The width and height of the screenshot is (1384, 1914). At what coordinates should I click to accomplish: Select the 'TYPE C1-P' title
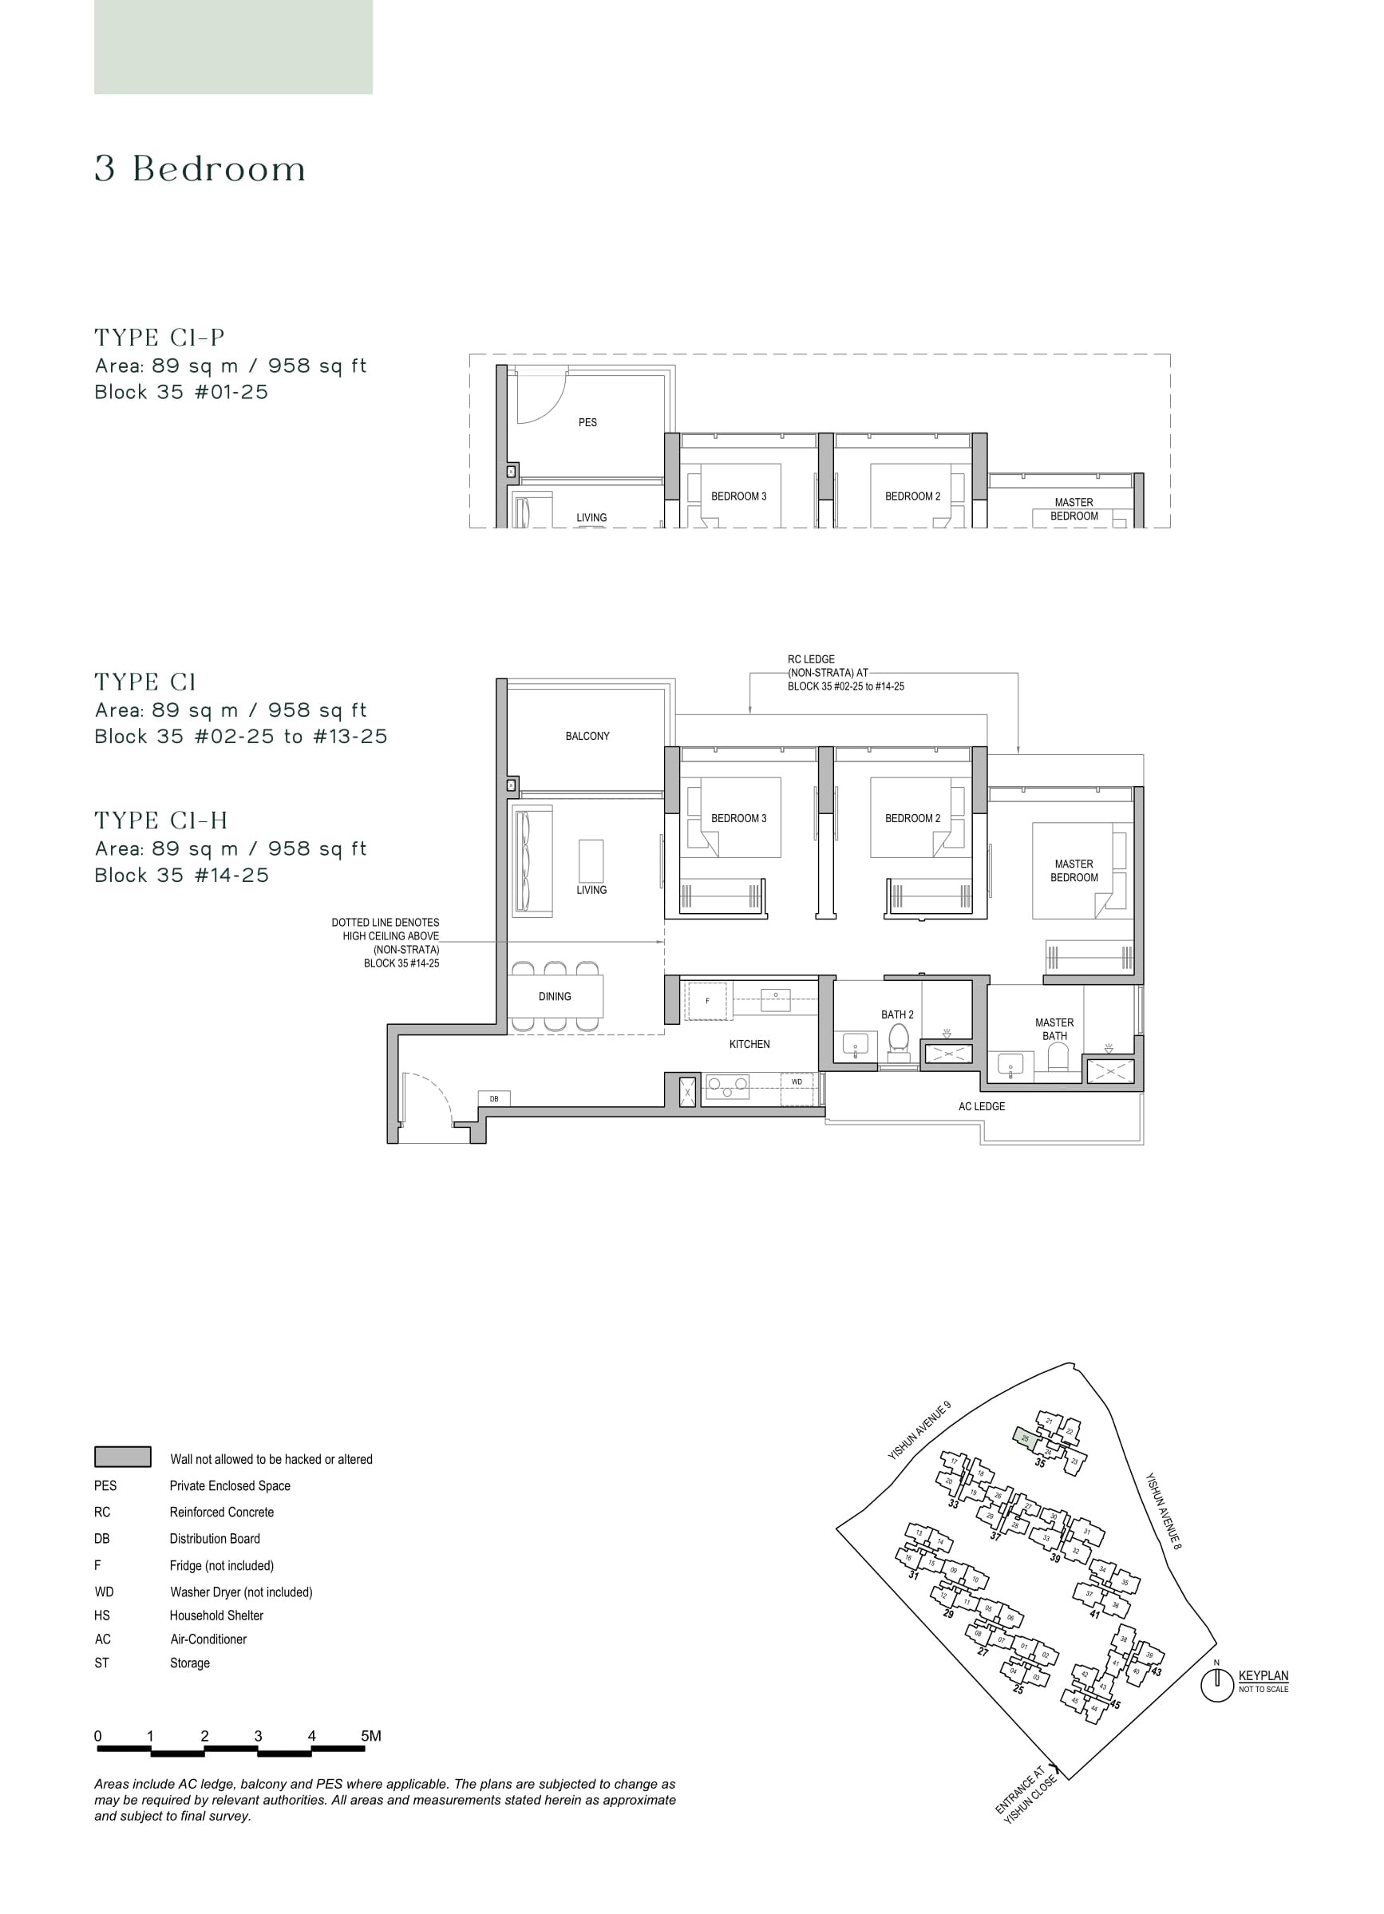point(160,338)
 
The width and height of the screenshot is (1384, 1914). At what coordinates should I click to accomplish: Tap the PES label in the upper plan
point(587,422)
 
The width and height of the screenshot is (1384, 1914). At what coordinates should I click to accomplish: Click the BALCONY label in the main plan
point(587,736)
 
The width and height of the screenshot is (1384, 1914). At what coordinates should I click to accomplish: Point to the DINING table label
point(555,997)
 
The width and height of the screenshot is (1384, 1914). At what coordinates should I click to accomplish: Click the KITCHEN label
point(749,1044)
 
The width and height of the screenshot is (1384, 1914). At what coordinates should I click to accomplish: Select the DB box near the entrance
point(494,1099)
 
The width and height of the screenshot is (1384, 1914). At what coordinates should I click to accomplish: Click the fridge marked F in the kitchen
point(707,1001)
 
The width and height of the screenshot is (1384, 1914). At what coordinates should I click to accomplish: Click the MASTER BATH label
point(1054,1029)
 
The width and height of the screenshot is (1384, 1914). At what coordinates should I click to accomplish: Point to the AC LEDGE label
point(982,1106)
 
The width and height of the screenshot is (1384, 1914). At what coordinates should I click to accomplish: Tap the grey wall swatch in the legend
point(122,1457)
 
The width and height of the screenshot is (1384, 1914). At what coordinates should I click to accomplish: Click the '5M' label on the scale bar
point(370,1736)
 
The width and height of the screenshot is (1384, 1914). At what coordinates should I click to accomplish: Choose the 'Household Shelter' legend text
point(216,1615)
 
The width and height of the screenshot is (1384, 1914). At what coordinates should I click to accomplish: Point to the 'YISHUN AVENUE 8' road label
point(1163,1511)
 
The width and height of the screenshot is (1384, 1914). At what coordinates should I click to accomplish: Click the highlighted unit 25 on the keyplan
point(1026,1437)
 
